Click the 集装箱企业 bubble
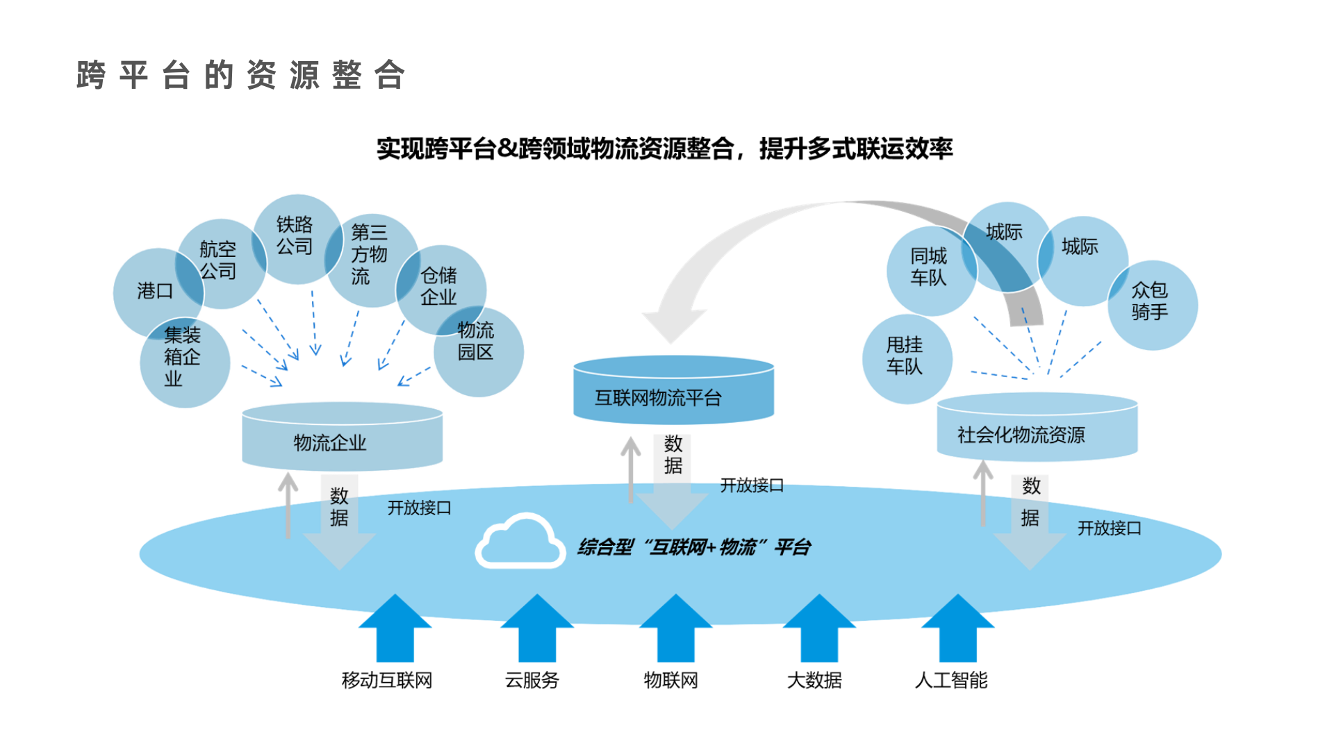coord(184,361)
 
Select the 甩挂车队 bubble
coord(906,358)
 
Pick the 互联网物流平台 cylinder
coord(673,393)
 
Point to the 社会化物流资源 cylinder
coord(1037,431)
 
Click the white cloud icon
coord(519,542)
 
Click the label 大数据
coord(814,681)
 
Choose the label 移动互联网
coord(387,681)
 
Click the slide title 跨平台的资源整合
coord(240,75)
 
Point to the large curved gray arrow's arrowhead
coord(673,323)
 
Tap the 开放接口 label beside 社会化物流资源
coord(1109,528)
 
